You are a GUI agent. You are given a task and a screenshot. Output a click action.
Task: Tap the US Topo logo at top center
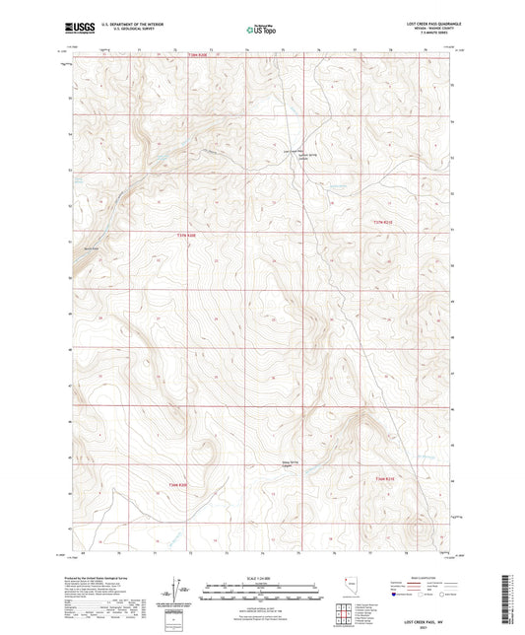pyautogui.click(x=258, y=31)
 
